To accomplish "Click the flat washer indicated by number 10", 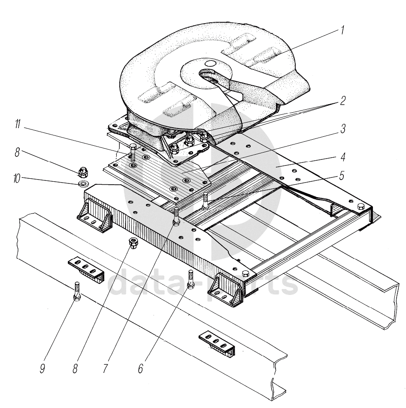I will (x=83, y=184).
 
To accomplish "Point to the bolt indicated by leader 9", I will (x=77, y=291).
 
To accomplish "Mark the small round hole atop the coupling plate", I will (x=210, y=63).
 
